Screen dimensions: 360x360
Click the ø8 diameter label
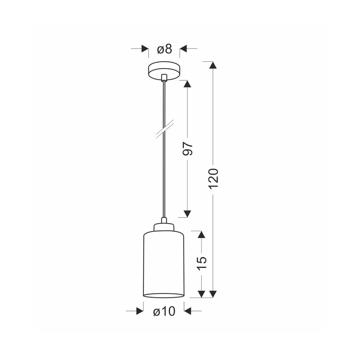tap(165, 49)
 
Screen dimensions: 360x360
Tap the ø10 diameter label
tap(164, 311)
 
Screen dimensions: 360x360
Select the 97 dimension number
tap(188, 149)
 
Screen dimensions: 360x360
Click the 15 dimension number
tap(202, 263)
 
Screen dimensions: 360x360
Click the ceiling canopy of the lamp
tap(164, 71)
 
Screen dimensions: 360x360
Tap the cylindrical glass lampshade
tap(164, 265)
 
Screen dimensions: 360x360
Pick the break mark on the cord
tap(165, 129)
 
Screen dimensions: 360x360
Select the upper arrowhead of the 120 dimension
tap(213, 65)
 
